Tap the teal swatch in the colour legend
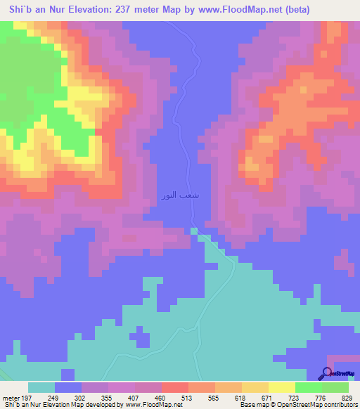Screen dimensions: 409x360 41,387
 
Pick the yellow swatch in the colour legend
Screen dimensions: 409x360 255,387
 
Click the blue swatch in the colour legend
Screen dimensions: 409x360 68,387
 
